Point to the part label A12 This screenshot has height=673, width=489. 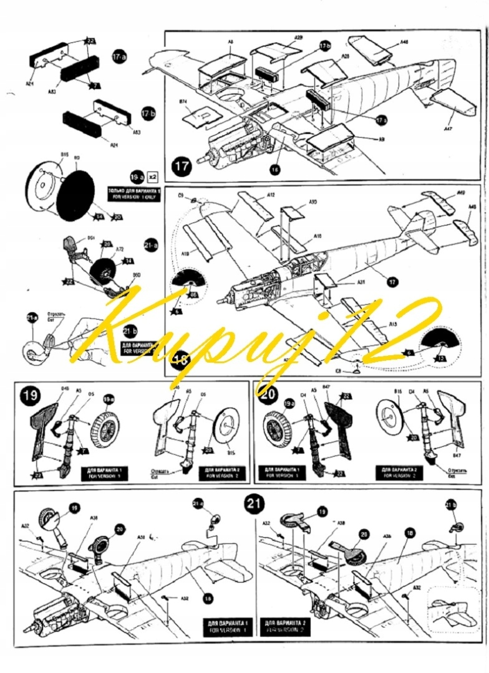tap(271, 195)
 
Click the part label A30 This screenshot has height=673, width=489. tap(312, 202)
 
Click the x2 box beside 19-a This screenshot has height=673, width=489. tap(153, 176)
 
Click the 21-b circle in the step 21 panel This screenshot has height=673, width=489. tap(451, 505)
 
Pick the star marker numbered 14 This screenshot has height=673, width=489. tap(128, 260)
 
